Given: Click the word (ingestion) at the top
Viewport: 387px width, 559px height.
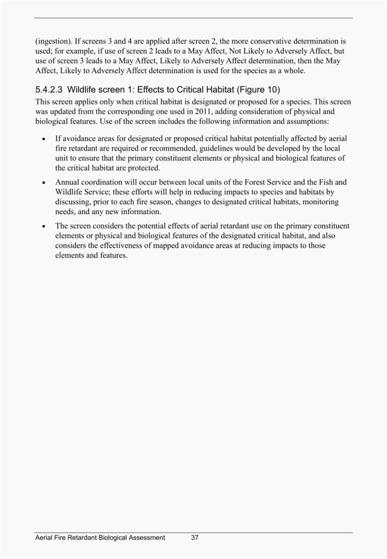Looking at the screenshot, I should click(x=54, y=41).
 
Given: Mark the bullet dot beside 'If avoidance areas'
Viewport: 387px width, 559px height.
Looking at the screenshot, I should click(x=43, y=139).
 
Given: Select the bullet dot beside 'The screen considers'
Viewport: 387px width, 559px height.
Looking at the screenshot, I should click(x=43, y=225).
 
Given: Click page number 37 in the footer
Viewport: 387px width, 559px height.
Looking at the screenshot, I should click(x=195, y=538).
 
